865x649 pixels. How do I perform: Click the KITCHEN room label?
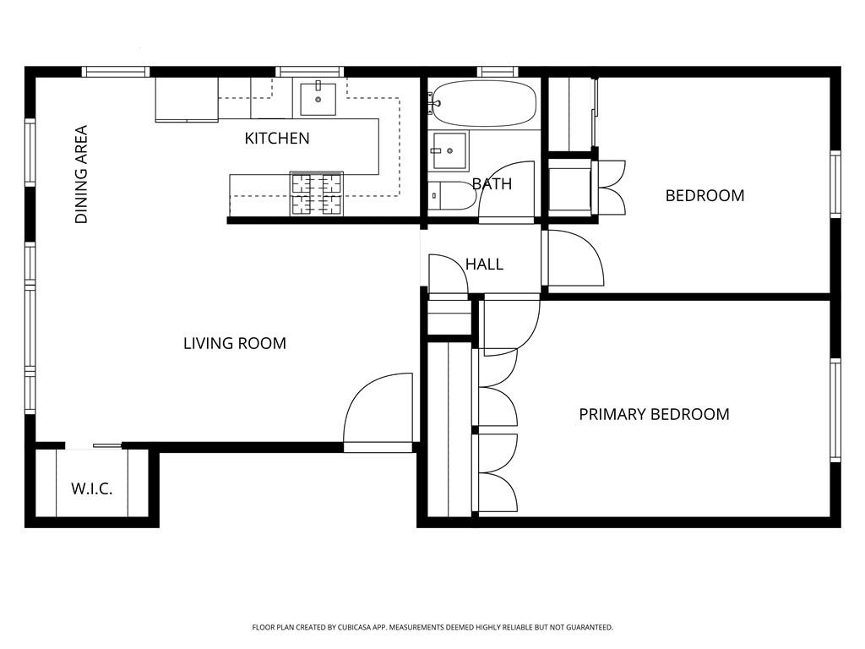277,138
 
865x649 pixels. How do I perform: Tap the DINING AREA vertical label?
82,175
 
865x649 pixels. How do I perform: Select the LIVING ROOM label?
235,343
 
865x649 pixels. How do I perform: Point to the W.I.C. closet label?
92,488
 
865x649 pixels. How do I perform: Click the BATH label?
492,183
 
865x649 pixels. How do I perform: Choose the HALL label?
484,265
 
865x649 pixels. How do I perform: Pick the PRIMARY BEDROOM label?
654,414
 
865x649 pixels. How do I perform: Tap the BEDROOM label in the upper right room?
705,195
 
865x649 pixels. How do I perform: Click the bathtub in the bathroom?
482,104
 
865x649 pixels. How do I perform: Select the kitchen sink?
318,98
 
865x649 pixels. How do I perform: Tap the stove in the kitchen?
317,194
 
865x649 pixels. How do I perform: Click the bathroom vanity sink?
449,152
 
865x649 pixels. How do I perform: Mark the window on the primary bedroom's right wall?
835,410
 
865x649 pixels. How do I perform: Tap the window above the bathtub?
497,72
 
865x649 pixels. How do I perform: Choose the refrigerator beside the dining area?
187,100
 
